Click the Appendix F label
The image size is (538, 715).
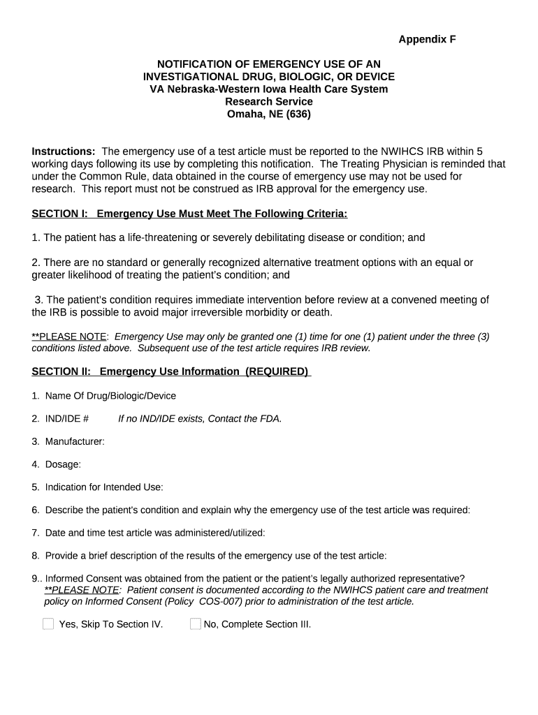click(x=427, y=40)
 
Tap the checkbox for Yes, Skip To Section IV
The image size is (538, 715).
click(x=48, y=624)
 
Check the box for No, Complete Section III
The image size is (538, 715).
click(x=196, y=624)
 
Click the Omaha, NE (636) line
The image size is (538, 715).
click(x=269, y=115)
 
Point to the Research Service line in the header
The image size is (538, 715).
click(x=269, y=102)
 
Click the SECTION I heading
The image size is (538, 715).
click(x=189, y=213)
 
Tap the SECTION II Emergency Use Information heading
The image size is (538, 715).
click(x=171, y=371)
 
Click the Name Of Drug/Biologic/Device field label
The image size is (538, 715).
click(x=110, y=396)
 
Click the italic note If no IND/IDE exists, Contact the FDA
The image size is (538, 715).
click(x=200, y=419)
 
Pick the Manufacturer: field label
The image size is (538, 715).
click(x=75, y=441)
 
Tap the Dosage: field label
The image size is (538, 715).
click(x=63, y=464)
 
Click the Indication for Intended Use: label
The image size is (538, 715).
click(x=103, y=487)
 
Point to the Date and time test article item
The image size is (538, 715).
click(x=155, y=533)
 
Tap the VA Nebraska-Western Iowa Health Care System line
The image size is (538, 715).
click(x=269, y=89)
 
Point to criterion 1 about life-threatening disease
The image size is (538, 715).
click(x=228, y=238)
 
